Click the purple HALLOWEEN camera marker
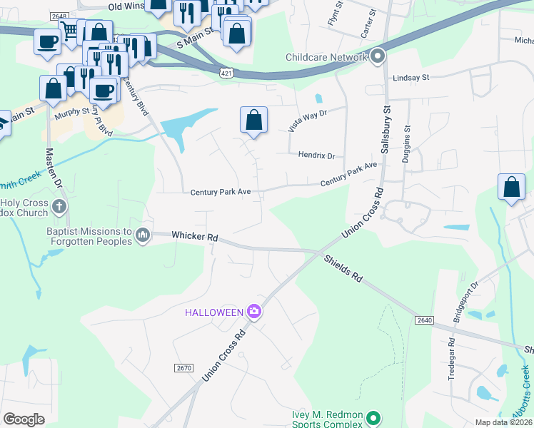(x=253, y=311)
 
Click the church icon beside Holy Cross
(x=59, y=208)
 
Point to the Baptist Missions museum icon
(x=143, y=235)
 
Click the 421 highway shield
(x=226, y=73)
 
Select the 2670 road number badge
(x=183, y=367)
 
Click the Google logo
(x=24, y=419)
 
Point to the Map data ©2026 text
(x=503, y=422)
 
